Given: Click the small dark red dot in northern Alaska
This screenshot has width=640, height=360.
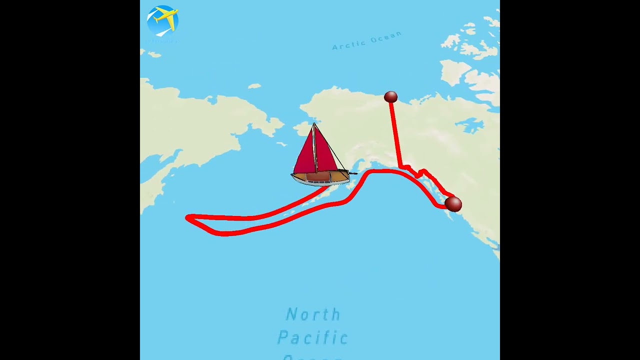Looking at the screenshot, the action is pyautogui.click(x=390, y=97).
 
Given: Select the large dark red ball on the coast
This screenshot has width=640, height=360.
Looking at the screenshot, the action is pyautogui.click(x=453, y=204).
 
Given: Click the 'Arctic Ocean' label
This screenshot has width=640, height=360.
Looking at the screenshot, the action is pyautogui.click(x=366, y=40).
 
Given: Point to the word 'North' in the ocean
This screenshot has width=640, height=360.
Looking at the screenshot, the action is pyautogui.click(x=313, y=314).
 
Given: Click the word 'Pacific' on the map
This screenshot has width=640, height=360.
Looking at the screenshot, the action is pyautogui.click(x=313, y=337).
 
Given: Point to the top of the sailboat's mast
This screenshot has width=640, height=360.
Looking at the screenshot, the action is pyautogui.click(x=314, y=124).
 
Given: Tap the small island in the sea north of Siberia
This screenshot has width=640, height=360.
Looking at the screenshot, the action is pyautogui.click(x=254, y=86).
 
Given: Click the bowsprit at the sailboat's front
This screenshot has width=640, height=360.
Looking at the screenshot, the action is pyautogui.click(x=353, y=173).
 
